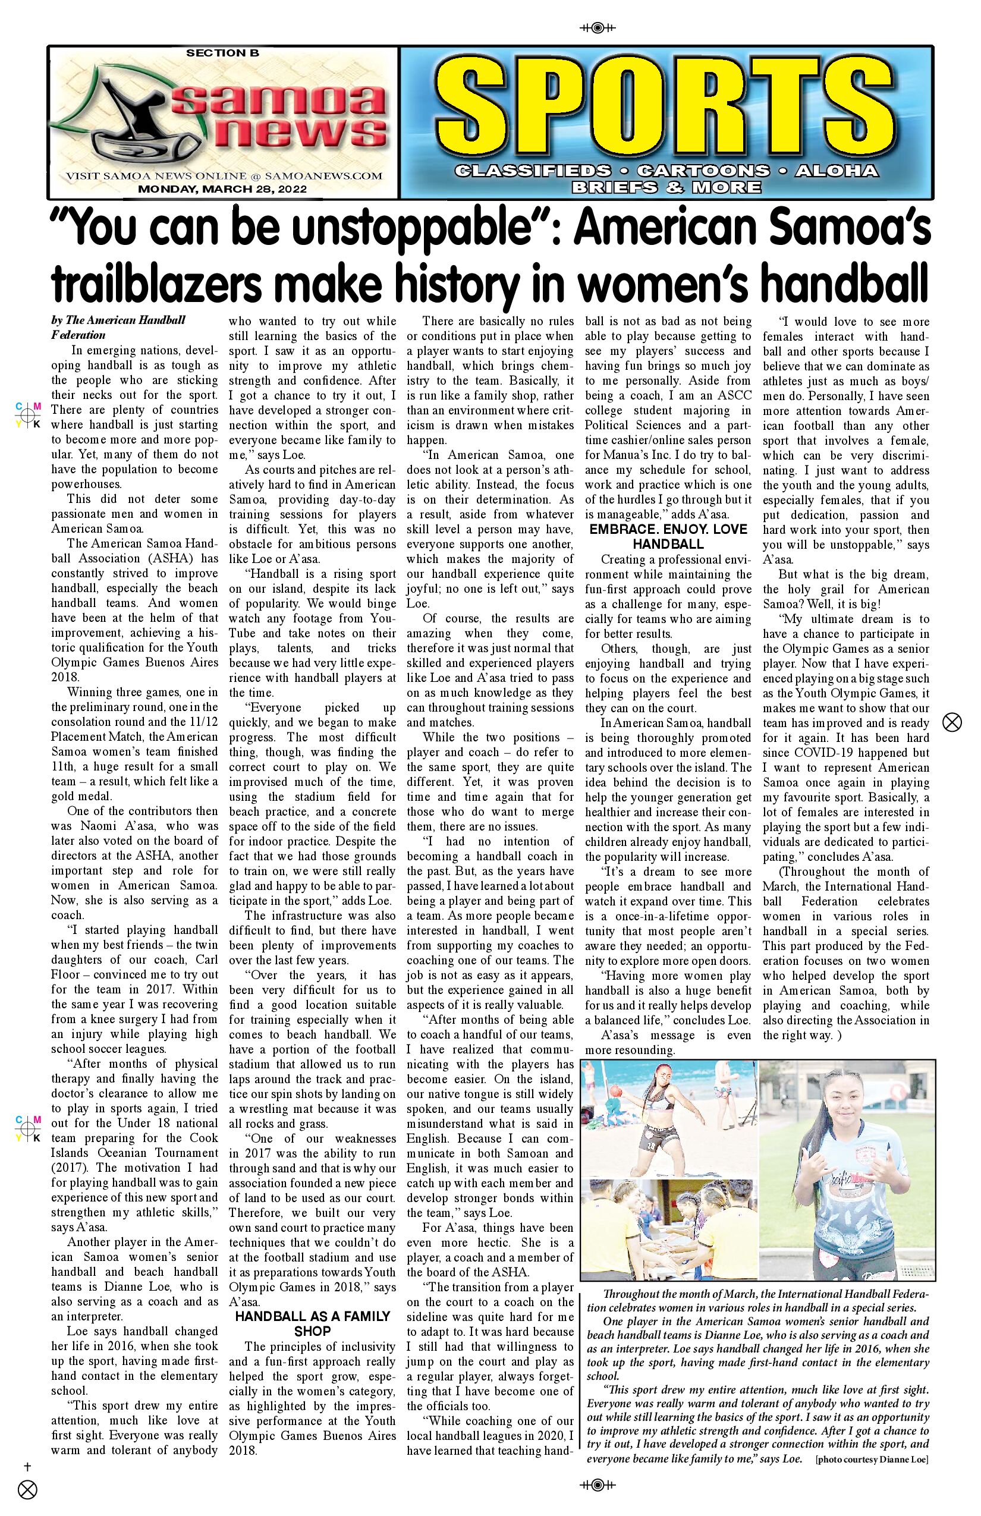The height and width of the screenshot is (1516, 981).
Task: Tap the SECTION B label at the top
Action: pos(222,54)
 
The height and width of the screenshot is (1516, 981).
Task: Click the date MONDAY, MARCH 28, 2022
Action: pos(222,189)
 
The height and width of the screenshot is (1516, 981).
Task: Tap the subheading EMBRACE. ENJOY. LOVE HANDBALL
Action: pos(668,536)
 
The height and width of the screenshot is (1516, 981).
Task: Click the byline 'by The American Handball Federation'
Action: pos(118,327)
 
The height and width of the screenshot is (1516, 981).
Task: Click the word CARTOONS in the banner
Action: pos(703,171)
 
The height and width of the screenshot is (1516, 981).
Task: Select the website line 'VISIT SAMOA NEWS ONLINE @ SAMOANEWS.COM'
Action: pos(224,176)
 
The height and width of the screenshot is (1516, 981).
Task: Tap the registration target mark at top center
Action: pos(597,28)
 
